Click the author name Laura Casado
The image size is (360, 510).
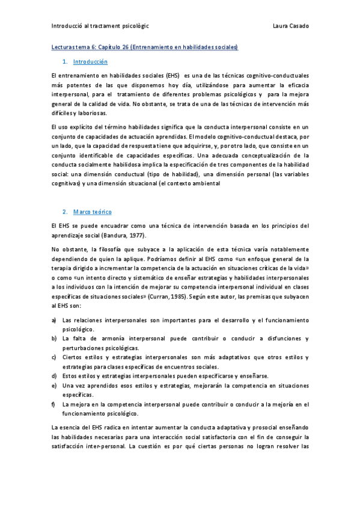pos(290,26)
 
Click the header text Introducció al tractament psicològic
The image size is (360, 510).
pos(100,26)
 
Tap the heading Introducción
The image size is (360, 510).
pos(90,62)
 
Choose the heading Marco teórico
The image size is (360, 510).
pos(92,212)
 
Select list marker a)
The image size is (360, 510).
pos(55,321)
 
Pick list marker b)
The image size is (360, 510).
pos(55,339)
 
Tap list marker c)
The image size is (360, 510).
pos(55,358)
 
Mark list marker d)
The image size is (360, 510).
pos(55,376)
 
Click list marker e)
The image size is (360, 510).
pos(55,386)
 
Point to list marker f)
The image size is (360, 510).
pos(55,404)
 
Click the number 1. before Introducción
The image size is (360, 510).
pos(65,62)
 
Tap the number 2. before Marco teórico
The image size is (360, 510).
pos(65,212)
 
